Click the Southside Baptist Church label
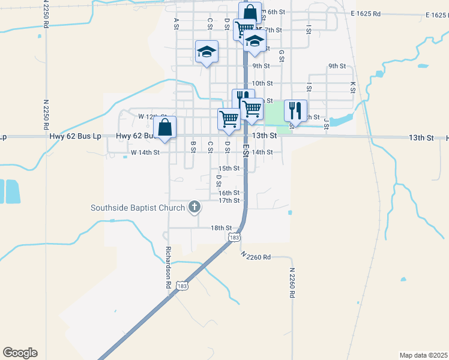137,208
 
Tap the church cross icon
194,208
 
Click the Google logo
20,353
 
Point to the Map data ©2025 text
424,355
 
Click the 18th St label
221,228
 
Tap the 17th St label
229,200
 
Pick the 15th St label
229,169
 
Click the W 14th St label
145,152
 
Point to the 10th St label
262,83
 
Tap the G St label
281,55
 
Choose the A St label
176,23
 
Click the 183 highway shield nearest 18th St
235,238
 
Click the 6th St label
276,12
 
